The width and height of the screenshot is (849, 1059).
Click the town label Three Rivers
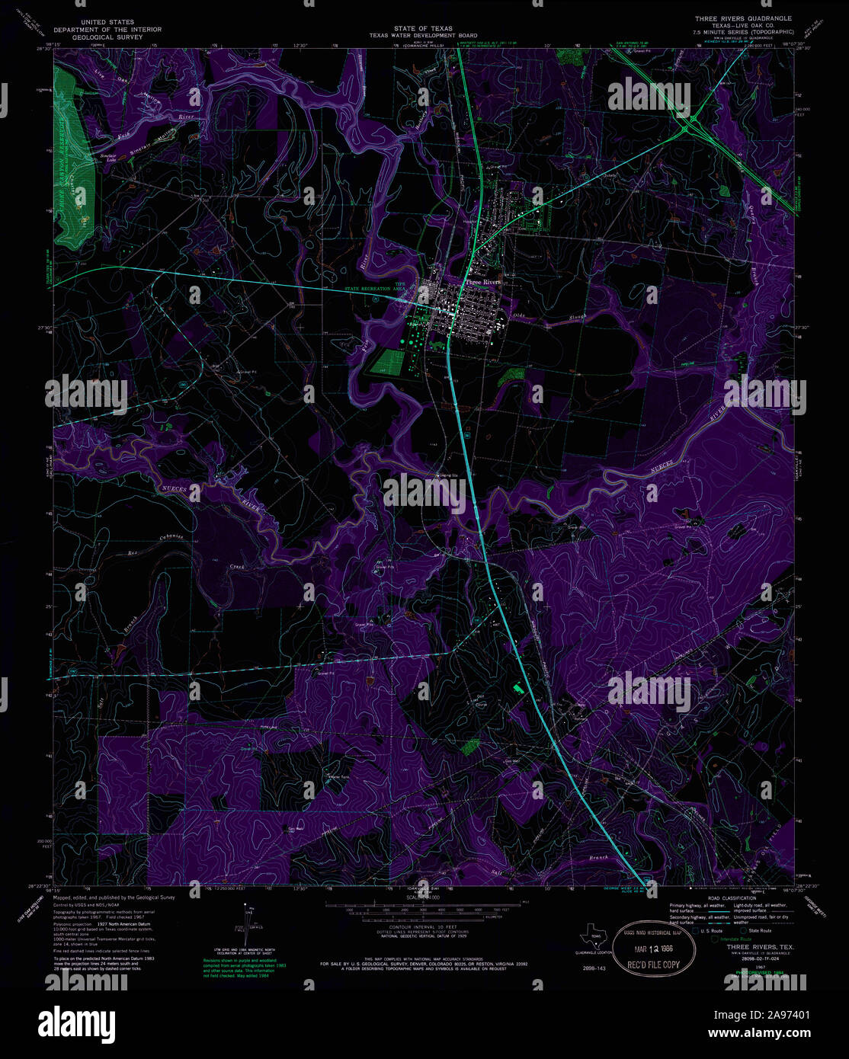[483, 282]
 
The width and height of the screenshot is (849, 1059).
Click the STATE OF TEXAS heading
[424, 28]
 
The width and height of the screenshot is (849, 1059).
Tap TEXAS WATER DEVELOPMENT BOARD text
[424, 35]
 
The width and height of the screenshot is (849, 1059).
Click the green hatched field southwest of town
[387, 360]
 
